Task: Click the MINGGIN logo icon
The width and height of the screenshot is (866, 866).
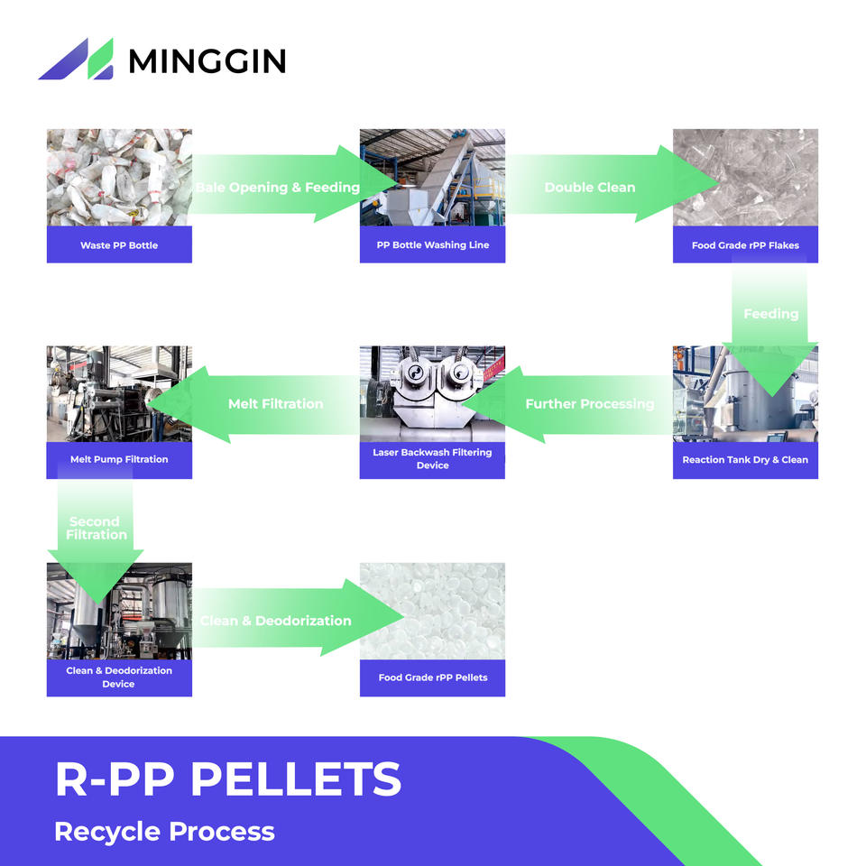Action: tap(76, 59)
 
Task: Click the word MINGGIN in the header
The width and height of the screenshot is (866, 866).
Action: tap(207, 60)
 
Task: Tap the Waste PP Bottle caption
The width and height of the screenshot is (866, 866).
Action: tap(119, 245)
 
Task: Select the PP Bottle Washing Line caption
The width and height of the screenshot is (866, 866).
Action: tap(432, 244)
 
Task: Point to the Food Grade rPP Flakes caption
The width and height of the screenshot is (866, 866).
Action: tap(745, 245)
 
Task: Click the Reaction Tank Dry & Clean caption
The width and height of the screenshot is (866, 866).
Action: tap(745, 459)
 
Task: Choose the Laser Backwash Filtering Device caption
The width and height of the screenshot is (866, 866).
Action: tap(432, 458)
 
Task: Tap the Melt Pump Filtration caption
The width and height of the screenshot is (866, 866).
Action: tap(119, 459)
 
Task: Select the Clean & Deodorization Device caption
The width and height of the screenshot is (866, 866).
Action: tap(119, 677)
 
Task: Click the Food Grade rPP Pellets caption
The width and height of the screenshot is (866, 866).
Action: tap(432, 677)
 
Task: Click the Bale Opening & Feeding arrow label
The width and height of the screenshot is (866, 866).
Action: tap(278, 188)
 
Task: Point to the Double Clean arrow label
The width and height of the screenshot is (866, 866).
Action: tap(590, 188)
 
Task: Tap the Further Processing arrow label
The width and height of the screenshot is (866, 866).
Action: tap(590, 404)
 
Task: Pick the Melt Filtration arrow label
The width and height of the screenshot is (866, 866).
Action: tap(276, 404)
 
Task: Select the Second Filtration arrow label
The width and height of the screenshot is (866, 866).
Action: tap(97, 528)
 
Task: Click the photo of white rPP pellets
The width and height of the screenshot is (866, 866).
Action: tap(432, 611)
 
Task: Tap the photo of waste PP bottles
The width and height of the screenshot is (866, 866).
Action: tap(119, 178)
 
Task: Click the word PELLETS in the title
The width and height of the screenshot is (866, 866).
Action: tap(296, 778)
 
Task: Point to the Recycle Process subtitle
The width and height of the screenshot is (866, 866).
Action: tap(164, 831)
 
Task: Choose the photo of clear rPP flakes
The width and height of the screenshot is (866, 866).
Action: tap(745, 178)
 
